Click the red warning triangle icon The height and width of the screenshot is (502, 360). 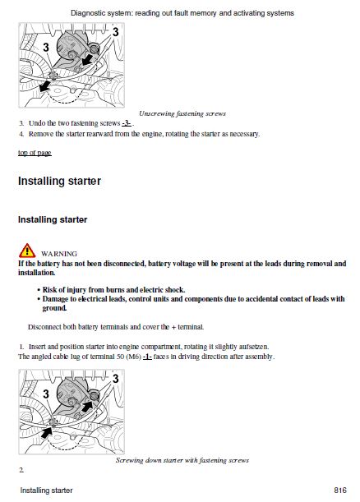pyautogui.click(x=27, y=251)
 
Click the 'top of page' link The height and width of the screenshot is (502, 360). pyautogui.click(x=35, y=153)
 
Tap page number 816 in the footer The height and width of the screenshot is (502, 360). pyautogui.click(x=340, y=490)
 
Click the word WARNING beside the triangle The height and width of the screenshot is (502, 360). pyautogui.click(x=59, y=254)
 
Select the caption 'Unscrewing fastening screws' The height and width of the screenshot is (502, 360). pyautogui.click(x=182, y=113)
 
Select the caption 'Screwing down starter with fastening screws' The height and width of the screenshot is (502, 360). pyautogui.click(x=182, y=460)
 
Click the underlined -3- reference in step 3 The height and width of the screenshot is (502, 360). pyautogui.click(x=127, y=123)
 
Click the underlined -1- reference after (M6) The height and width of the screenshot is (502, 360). pyautogui.click(x=147, y=357)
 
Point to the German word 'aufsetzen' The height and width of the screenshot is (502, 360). pyautogui.click(x=254, y=347)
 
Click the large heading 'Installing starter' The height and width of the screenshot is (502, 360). pyautogui.click(x=59, y=181)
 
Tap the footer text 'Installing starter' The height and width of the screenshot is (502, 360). pyautogui.click(x=47, y=490)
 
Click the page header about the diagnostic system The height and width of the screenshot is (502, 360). pyautogui.click(x=182, y=13)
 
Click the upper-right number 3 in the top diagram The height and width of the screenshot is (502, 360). pyautogui.click(x=115, y=32)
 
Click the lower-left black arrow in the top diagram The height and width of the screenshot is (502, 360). pyautogui.click(x=45, y=86)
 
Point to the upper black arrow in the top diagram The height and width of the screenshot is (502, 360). pyautogui.click(x=87, y=60)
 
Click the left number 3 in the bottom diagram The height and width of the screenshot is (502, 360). pyautogui.click(x=46, y=394)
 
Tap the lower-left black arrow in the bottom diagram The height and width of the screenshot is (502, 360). pyautogui.click(x=47, y=432)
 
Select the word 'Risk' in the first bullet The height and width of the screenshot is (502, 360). pyautogui.click(x=49, y=290)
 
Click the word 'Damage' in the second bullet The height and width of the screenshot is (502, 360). pyautogui.click(x=55, y=299)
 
